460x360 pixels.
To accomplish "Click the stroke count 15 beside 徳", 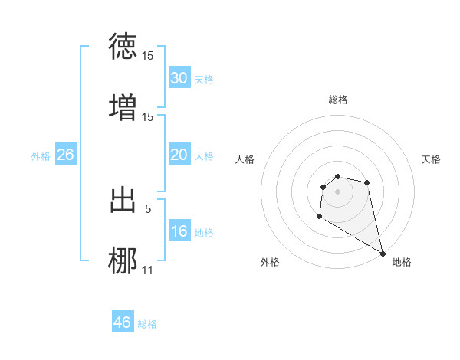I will [148, 57].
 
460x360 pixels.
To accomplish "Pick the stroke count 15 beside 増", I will [148, 116].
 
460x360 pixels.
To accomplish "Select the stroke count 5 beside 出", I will [148, 208].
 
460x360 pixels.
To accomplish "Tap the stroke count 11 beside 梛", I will [148, 270].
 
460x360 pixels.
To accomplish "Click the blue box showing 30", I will [179, 78].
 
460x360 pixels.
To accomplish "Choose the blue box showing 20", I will [179, 155].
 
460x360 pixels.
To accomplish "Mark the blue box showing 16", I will [179, 231].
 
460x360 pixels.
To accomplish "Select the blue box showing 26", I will [65, 155].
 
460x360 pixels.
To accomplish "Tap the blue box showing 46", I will [123, 322].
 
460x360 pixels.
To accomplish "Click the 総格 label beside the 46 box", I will [147, 324].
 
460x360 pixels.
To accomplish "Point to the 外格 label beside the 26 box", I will [41, 156].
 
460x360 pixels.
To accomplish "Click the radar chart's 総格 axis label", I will [338, 100].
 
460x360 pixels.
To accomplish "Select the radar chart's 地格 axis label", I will [402, 262].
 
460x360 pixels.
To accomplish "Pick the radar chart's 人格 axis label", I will [245, 159].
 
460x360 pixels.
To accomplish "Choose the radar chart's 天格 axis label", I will [431, 159].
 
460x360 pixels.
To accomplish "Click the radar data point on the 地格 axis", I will [383, 254].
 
